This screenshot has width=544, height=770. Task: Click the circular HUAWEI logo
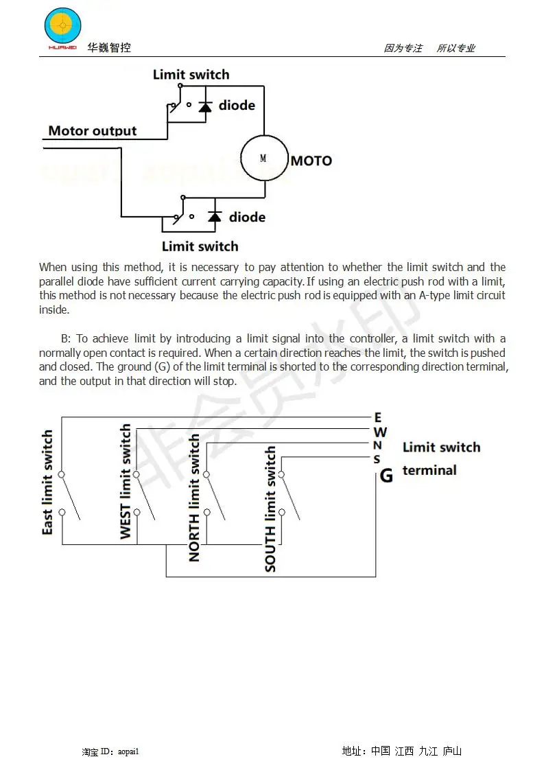[x=62, y=26]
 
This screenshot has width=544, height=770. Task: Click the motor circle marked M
[x=264, y=158]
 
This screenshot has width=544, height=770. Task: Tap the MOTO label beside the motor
[x=311, y=161]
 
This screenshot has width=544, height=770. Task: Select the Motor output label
[x=93, y=130]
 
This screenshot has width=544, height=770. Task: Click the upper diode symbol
[x=204, y=106]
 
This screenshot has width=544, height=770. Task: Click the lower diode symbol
[x=215, y=217]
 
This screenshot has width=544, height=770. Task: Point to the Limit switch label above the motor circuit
[x=191, y=75]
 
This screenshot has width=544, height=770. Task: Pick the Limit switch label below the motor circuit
[x=200, y=246]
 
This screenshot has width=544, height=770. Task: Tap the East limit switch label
[x=47, y=482]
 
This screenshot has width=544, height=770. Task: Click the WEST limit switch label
[x=126, y=481]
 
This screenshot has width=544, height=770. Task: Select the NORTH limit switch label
[x=194, y=498]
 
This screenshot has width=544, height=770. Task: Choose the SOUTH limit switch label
[x=270, y=509]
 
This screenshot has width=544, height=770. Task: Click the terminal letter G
[x=386, y=476]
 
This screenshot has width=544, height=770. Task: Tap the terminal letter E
[x=377, y=417]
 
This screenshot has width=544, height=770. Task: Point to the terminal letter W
[x=380, y=432]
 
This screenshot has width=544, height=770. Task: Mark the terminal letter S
[x=377, y=459]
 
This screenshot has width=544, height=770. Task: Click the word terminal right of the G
[x=429, y=470]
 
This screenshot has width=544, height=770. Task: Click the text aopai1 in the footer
[x=128, y=751]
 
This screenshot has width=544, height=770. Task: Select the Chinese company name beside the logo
[x=109, y=47]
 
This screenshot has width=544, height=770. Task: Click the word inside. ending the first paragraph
[x=54, y=310]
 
